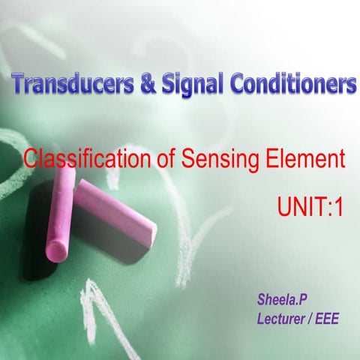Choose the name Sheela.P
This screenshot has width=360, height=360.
[277, 301]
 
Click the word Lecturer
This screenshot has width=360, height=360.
[281, 319]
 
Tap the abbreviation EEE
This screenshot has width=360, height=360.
[327, 319]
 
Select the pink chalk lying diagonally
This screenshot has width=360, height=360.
[112, 213]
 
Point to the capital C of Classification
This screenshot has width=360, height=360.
[31, 159]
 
